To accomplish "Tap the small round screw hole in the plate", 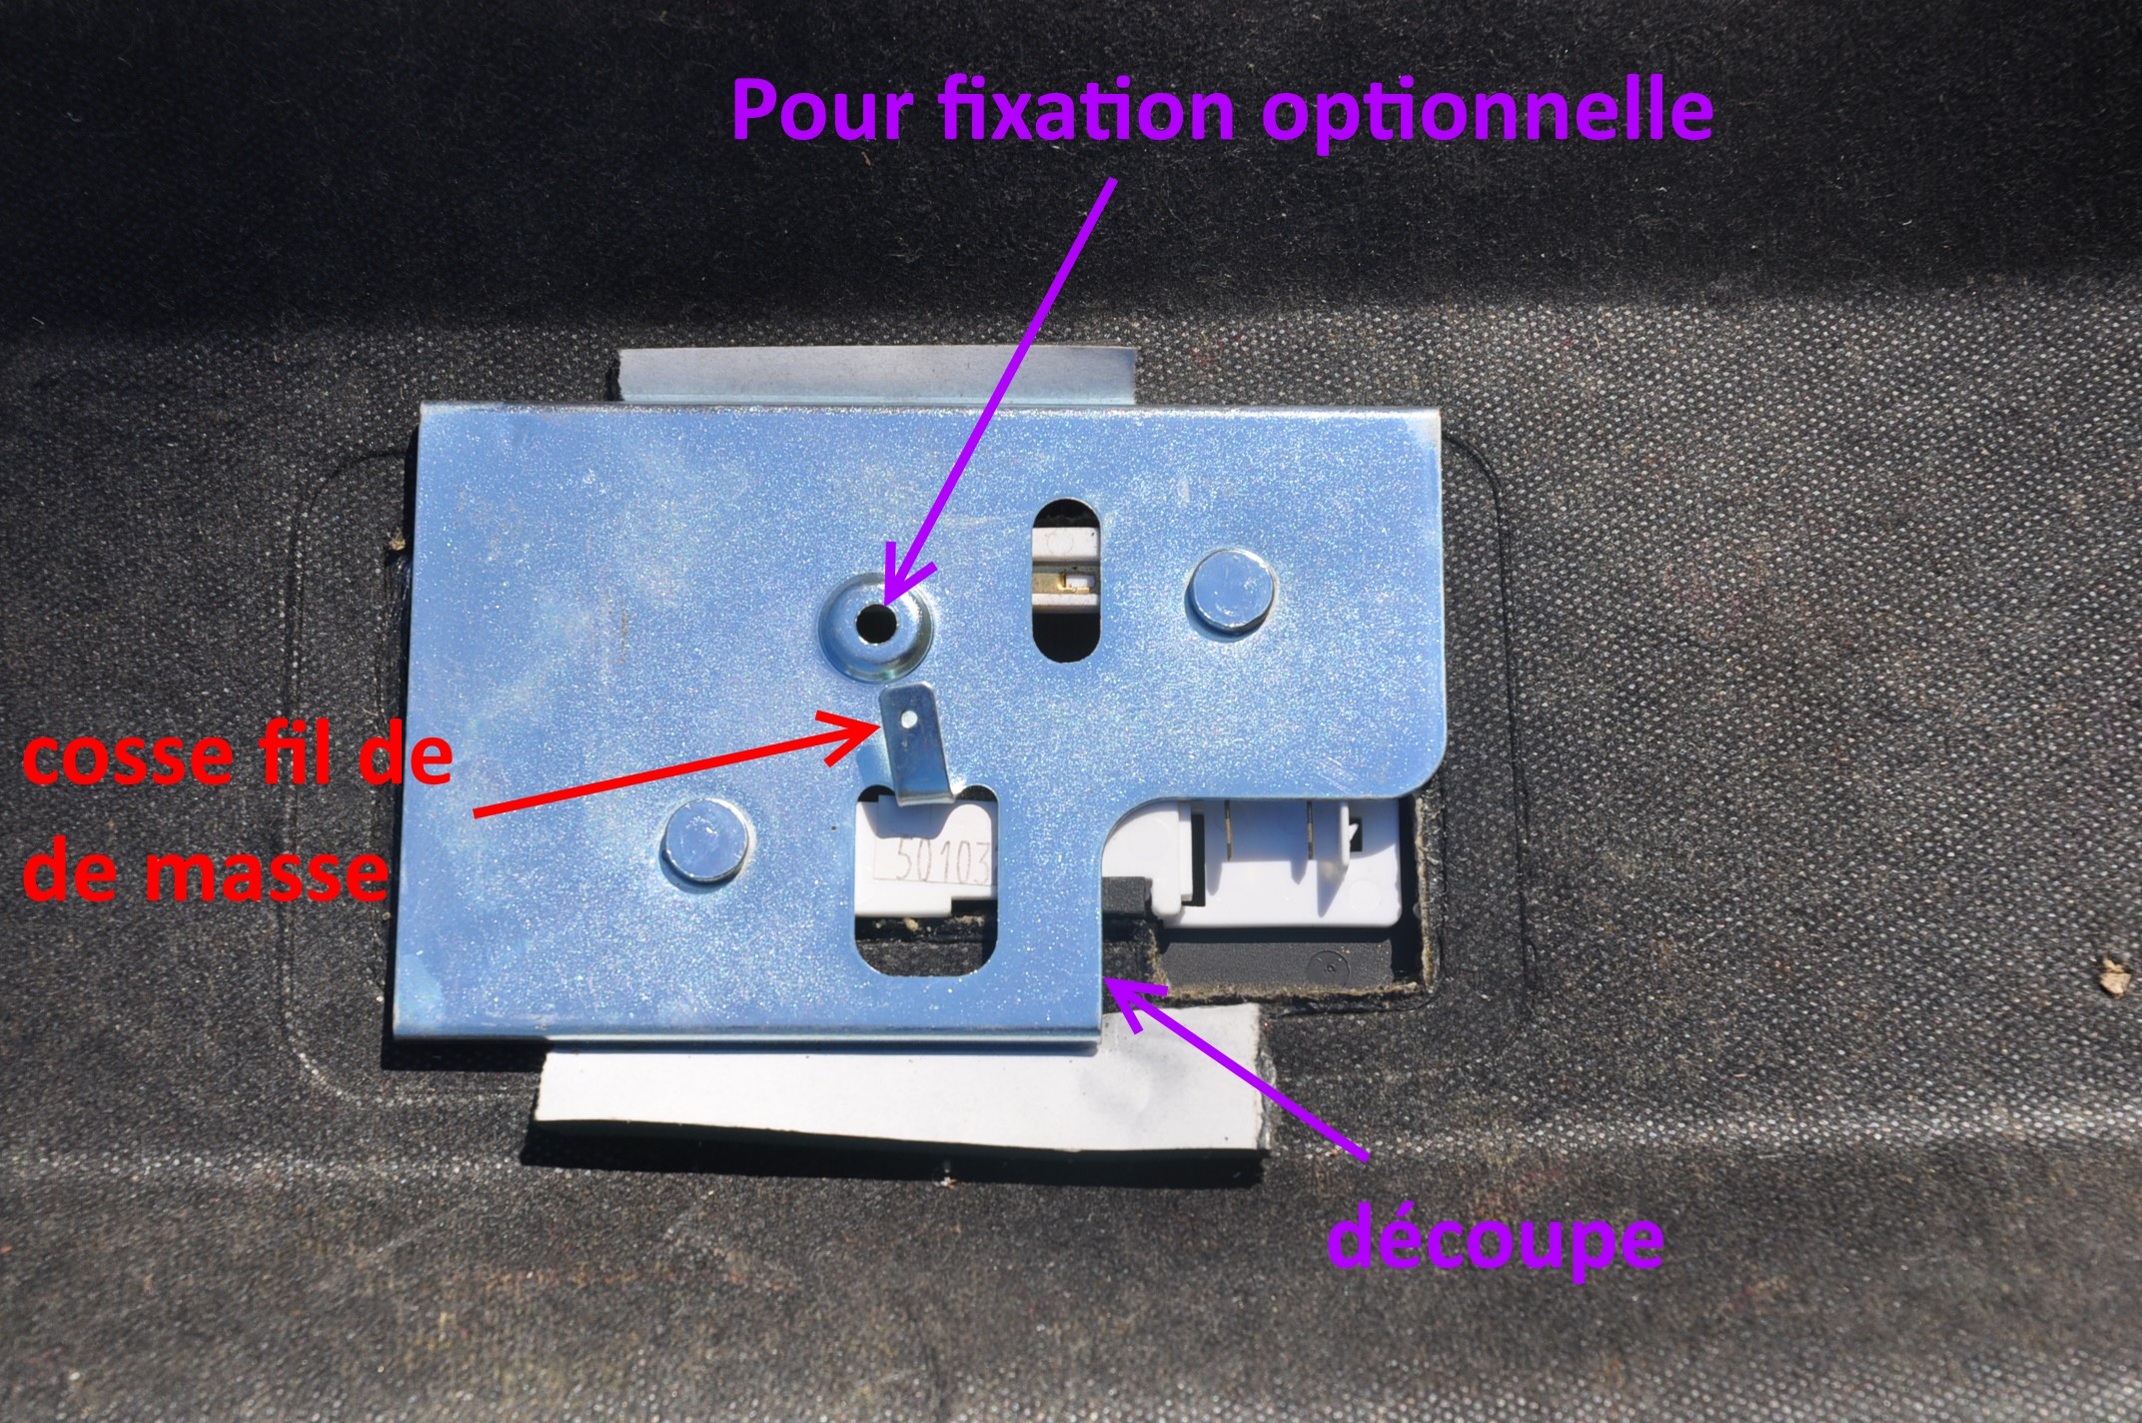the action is (x=878, y=625).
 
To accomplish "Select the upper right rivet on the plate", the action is (x=1231, y=590).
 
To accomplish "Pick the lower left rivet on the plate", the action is (x=706, y=841).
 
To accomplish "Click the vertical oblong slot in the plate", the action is (x=1067, y=579).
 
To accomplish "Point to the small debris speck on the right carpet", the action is (x=2113, y=976).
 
